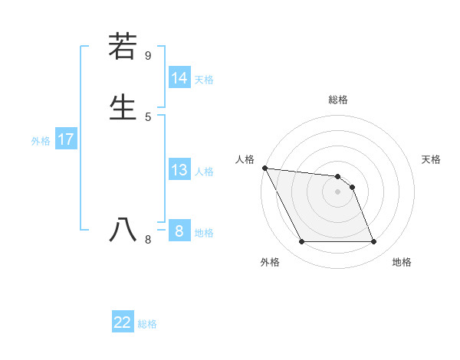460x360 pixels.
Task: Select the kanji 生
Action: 123,106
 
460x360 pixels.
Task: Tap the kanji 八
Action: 123,230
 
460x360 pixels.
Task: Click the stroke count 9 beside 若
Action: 148,55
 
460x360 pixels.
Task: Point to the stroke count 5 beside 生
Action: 148,116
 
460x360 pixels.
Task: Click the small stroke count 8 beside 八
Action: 148,240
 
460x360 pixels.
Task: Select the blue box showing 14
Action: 179,78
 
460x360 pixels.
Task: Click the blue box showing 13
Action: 179,170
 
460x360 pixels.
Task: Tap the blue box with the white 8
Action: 179,231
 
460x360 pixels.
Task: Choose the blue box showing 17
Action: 66,139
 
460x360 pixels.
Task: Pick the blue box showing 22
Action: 123,322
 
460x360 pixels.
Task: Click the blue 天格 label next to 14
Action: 204,79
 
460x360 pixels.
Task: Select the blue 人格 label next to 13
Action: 204,171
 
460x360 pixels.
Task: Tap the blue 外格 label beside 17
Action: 41,140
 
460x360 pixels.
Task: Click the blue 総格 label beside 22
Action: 147,323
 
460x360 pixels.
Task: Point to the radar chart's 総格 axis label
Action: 337,100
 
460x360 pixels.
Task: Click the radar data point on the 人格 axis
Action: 264,168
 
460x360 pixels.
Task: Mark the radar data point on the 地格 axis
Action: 373,242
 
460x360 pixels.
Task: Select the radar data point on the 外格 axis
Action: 301,242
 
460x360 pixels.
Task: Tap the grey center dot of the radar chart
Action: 337,191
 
